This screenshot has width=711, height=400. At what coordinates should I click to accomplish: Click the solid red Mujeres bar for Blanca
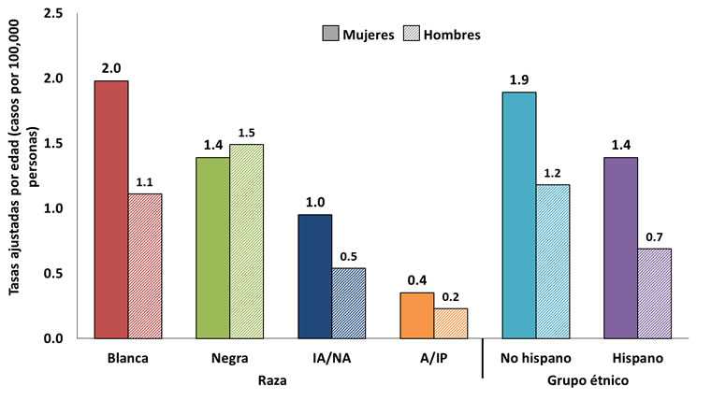point(110,209)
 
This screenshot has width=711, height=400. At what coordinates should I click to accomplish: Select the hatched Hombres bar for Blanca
point(145,265)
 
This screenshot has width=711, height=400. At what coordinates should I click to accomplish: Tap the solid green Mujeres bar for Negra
point(212,248)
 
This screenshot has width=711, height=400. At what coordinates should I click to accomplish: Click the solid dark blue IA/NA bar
point(314,277)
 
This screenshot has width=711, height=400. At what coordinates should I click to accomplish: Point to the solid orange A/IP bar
point(416,315)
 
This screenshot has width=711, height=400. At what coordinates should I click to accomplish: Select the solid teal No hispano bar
point(519,215)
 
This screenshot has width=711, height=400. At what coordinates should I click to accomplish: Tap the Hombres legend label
point(452,35)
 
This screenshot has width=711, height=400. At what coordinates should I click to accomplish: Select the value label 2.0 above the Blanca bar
point(111,67)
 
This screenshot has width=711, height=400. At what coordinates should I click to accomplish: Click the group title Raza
point(272,381)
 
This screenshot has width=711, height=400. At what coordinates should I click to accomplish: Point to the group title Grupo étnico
point(588,381)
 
